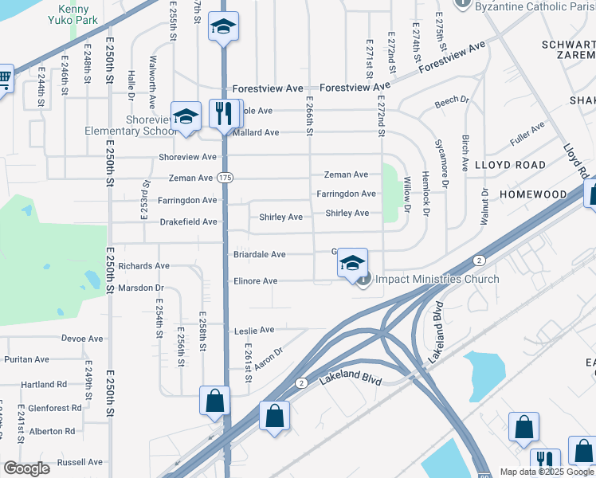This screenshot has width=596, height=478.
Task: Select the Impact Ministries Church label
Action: (x=437, y=279)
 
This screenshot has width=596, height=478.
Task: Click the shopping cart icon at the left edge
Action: (x=4, y=80)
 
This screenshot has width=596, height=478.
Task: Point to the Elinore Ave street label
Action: (x=255, y=281)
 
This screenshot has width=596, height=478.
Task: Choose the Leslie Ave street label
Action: (x=253, y=330)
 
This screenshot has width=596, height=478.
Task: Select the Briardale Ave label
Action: (x=259, y=255)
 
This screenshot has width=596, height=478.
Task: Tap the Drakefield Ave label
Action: (x=187, y=221)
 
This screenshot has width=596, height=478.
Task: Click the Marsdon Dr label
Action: (x=140, y=288)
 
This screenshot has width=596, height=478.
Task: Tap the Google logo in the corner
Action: (x=26, y=468)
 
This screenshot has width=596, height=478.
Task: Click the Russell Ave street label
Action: (x=80, y=462)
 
